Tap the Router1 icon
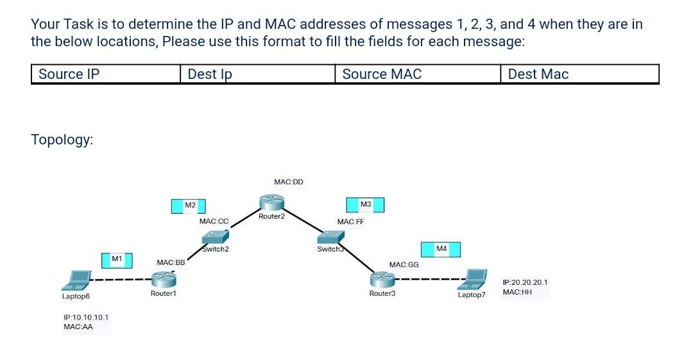pyautogui.click(x=164, y=279)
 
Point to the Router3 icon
pyautogui.click(x=382, y=279)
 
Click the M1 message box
pyautogui.click(x=117, y=259)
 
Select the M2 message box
pyautogui.click(x=188, y=205)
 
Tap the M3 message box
pyautogui.click(x=364, y=205)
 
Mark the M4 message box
pyautogui.click(x=440, y=249)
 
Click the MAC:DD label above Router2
pyautogui.click(x=288, y=182)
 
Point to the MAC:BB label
pyautogui.click(x=171, y=262)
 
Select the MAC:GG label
pyautogui.click(x=404, y=264)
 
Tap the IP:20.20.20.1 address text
pyautogui.click(x=525, y=282)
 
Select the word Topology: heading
pyautogui.click(x=62, y=140)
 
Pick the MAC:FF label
pyautogui.click(x=350, y=221)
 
